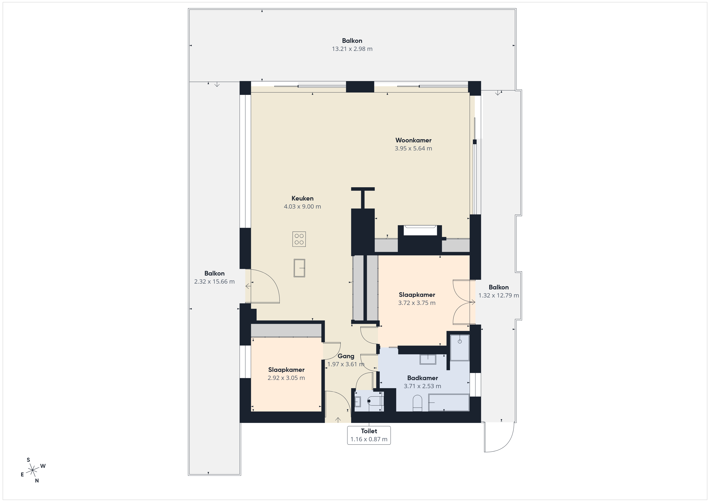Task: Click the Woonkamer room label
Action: [413, 140]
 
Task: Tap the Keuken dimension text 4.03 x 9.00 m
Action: [302, 207]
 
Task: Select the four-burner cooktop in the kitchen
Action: [299, 239]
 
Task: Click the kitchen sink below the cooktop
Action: [299, 268]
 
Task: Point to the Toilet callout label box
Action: [369, 435]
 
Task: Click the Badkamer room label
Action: [422, 378]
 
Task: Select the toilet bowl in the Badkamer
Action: [417, 403]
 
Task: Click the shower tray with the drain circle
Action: [460, 348]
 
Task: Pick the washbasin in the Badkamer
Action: [428, 359]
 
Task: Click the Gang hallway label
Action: [346, 356]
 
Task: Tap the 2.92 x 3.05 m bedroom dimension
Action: [286, 378]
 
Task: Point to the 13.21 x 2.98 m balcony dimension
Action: [352, 49]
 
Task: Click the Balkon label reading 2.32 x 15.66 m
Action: [214, 277]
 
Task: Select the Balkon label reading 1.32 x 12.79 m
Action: [498, 291]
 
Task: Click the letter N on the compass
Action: [37, 481]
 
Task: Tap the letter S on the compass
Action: [28, 460]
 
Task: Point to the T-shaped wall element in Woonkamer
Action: [363, 198]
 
